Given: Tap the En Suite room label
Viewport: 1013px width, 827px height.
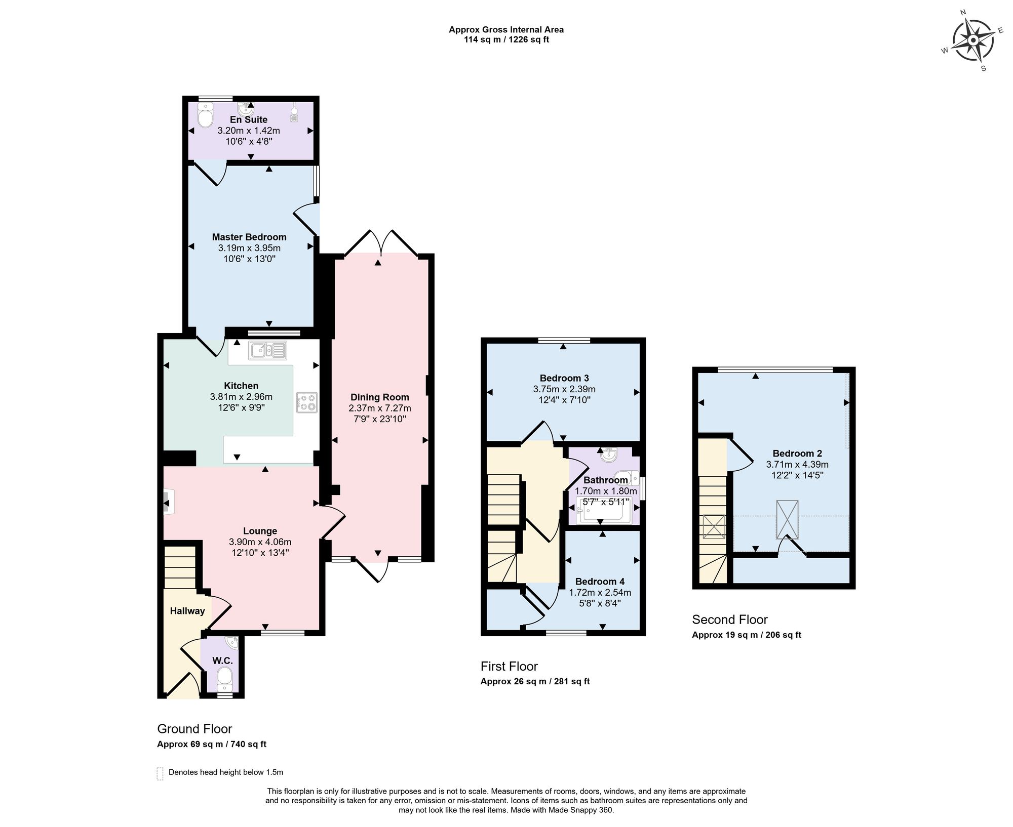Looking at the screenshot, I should tap(248, 120).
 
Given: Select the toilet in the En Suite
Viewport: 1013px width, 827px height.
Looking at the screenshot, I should tap(205, 116).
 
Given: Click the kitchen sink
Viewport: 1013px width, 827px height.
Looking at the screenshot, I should tap(267, 350).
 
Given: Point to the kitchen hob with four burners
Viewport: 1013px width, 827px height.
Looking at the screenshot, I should tap(306, 403).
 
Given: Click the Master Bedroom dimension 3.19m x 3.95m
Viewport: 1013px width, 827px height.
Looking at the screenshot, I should tap(249, 248).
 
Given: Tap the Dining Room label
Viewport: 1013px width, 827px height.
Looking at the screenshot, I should tap(379, 397).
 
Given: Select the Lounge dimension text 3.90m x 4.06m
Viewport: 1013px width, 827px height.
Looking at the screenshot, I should tap(260, 542).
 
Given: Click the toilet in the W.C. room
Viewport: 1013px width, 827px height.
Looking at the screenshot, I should tap(224, 678).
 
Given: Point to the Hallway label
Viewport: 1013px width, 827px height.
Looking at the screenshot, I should tap(187, 611).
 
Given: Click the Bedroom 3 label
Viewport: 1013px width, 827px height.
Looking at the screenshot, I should tap(564, 378).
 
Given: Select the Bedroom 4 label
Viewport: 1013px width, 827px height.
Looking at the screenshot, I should tap(600, 582).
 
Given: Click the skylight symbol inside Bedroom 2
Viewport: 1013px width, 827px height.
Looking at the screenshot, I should tap(787, 520).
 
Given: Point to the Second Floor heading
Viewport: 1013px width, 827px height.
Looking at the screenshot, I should tap(729, 619).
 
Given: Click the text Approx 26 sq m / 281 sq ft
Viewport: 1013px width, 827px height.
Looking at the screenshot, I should tap(535, 681).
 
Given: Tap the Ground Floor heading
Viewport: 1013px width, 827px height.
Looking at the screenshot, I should tap(194, 729).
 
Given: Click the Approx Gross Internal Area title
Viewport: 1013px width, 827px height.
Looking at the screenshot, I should tap(506, 29).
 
